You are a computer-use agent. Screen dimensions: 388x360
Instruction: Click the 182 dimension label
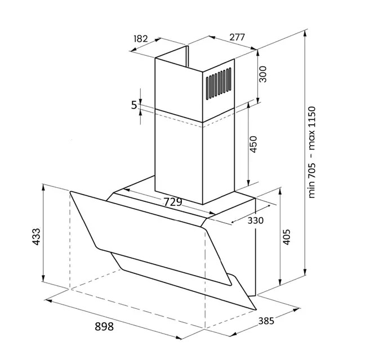coord(141,39)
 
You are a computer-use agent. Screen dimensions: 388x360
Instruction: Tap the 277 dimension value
coord(237,37)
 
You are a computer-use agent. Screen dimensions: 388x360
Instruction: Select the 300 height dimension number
coord(262,74)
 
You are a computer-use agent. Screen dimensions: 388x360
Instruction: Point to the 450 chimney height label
coord(253,144)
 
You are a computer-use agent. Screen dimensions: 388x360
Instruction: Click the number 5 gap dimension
coord(134,105)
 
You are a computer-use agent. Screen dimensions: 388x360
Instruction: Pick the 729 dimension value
coord(173,202)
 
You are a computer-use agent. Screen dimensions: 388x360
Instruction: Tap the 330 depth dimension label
coord(256,220)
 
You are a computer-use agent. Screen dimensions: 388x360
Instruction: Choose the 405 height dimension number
coord(286,237)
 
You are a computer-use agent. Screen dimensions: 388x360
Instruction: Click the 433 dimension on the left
coord(36,237)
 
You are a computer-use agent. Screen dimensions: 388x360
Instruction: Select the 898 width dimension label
coord(104,327)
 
